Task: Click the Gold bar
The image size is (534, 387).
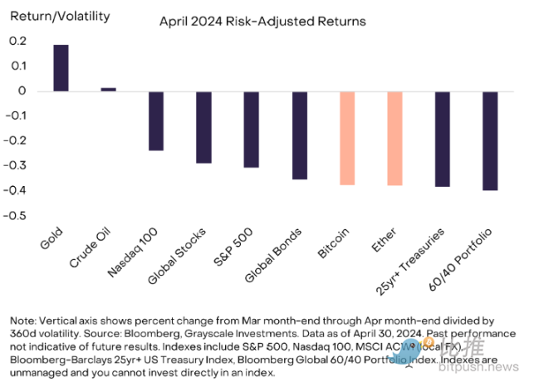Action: coord(61,67)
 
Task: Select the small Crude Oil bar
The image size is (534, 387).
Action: coord(108,89)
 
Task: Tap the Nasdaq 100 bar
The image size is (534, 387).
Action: coord(156,120)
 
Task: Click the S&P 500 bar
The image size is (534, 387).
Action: coord(251,130)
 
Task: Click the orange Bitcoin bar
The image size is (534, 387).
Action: coord(347,138)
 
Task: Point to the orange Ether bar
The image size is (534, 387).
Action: coord(394,138)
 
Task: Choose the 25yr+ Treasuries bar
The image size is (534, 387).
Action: coord(443,139)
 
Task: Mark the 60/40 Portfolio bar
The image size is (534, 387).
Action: coord(490,140)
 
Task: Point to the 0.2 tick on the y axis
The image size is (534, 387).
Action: coord(18,42)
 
